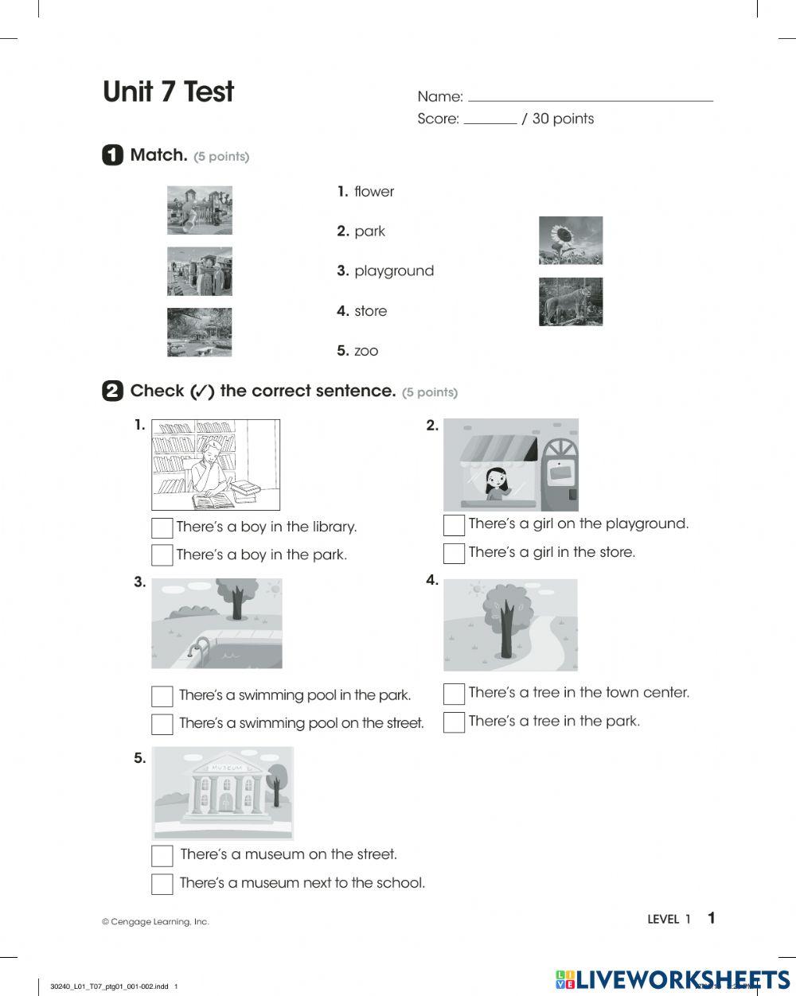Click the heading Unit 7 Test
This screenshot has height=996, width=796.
coord(168,92)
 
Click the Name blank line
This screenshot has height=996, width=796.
coord(590,99)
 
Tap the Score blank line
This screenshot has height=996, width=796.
coord(490,122)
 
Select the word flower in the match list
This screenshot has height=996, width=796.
coord(373,192)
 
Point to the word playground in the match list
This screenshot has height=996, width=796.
coord(394,271)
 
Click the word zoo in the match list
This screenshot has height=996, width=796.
coord(366,351)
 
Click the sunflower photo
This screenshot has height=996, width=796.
coord(570,240)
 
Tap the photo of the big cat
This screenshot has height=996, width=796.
coord(570,302)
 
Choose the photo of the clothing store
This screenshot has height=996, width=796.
coord(199,271)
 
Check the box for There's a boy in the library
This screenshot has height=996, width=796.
coord(162,528)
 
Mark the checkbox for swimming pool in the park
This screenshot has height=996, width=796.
coord(162,696)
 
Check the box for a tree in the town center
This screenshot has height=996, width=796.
coord(454,694)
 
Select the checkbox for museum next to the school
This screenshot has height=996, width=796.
coord(162,884)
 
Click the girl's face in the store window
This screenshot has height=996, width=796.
coord(494,480)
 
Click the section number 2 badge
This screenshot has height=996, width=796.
coord(112,391)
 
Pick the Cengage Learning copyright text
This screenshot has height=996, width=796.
coord(155,922)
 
